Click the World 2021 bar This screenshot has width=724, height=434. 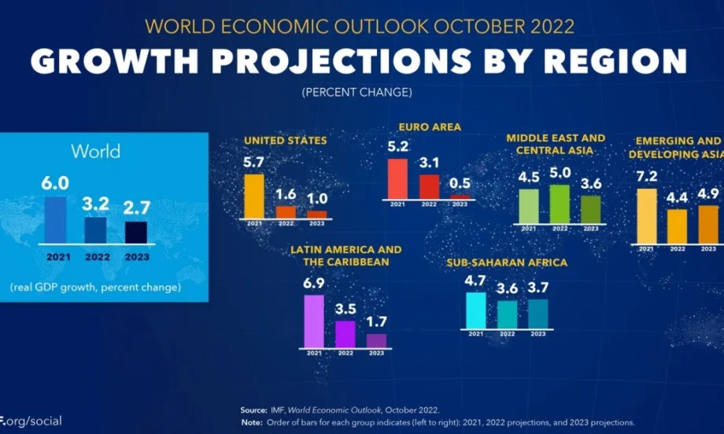pos(57,219)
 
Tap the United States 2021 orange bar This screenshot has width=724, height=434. pos(254,195)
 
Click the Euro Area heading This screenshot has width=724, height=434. pos(430,126)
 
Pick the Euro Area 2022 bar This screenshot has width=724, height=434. pos(429,186)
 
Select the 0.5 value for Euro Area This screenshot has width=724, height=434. pos(460,183)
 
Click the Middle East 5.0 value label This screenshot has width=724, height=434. pos(560,173)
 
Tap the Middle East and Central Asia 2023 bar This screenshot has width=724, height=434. pos(590,209)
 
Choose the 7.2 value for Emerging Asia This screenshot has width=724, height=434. pos(646,176)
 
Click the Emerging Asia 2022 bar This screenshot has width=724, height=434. pos(677,226)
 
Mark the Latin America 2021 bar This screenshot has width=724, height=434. pos(314,321)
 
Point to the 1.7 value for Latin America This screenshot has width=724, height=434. pos(377,322)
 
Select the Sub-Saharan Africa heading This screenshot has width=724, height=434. pos(506,263)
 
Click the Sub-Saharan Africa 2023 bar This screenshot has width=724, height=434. pos(538,312)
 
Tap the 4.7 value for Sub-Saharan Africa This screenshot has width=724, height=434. pos(475,279)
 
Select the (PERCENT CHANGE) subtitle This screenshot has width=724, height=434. pos(356,93)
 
